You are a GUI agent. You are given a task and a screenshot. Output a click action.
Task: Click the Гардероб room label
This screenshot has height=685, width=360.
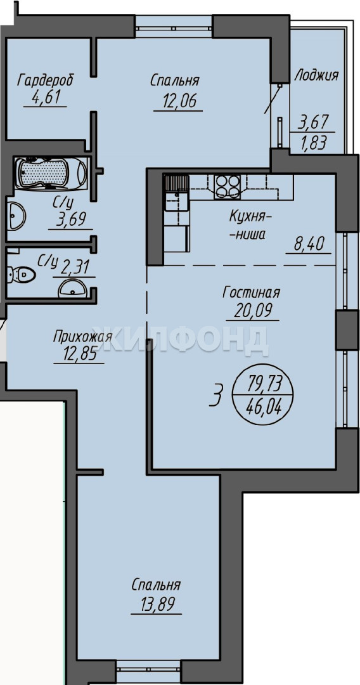click(x=45, y=81)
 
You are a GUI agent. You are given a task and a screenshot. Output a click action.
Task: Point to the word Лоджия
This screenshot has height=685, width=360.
click(x=316, y=75)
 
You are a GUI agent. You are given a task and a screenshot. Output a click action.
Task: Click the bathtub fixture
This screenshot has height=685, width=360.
click(x=51, y=173)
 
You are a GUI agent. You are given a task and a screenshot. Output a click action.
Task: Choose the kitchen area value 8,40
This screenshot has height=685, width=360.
click(x=308, y=244)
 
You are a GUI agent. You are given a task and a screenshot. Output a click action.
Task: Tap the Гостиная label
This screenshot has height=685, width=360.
click(x=251, y=293)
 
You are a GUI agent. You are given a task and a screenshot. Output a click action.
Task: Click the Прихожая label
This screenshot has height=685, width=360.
click(x=83, y=337)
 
